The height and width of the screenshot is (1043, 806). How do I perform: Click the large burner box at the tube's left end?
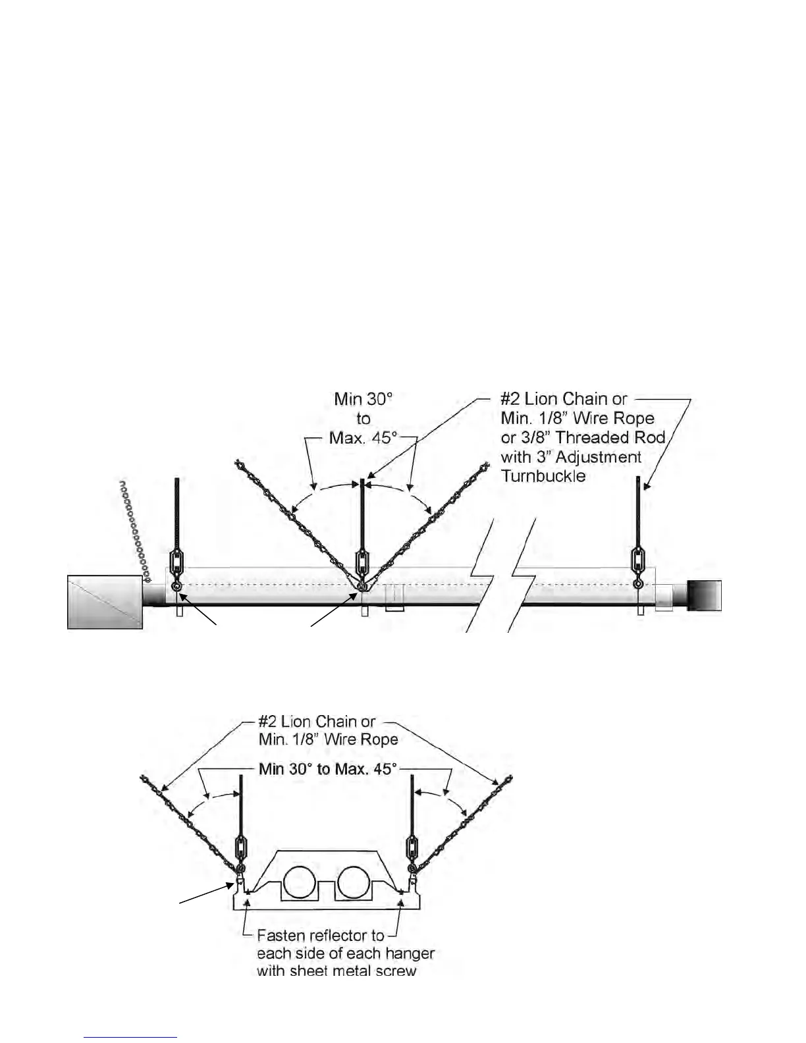coord(105,601)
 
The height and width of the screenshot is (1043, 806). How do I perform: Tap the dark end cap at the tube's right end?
coord(704,595)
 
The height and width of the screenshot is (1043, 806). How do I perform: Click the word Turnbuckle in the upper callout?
coord(543,476)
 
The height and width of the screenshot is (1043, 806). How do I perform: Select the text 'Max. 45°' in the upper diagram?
coord(363,437)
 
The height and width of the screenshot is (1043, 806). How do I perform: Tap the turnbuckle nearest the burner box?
coord(176,562)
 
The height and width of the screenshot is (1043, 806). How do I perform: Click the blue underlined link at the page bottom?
coord(131,1037)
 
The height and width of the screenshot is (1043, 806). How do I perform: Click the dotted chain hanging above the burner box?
coord(134,530)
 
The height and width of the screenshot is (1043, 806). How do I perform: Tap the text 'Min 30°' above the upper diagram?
coord(363,399)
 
